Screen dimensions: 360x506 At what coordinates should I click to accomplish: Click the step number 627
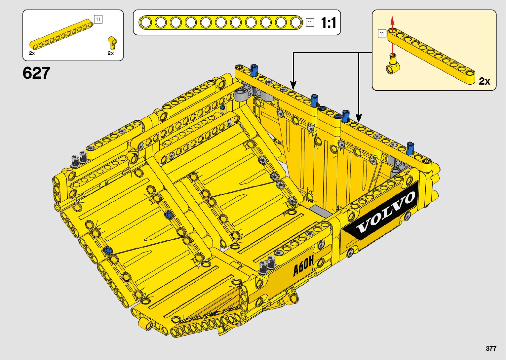36,73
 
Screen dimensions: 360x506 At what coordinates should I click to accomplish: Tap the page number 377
491,348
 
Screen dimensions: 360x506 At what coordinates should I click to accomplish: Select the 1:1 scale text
329,23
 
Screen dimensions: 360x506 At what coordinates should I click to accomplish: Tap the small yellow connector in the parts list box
112,42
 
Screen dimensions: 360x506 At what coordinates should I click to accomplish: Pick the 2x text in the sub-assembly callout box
485,81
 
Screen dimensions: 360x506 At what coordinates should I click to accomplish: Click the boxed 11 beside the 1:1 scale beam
310,22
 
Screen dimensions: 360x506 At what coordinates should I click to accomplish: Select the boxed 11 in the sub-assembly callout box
382,34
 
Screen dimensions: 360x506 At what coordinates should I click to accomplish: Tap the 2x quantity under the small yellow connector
111,53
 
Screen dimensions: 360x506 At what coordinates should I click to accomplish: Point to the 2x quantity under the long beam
32,53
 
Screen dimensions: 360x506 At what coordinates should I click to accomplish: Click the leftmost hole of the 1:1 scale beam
145,22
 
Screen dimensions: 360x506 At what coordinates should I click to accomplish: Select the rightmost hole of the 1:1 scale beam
296,22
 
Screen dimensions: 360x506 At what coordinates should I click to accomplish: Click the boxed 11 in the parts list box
98,19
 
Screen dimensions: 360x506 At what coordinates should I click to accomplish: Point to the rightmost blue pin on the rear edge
410,148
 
